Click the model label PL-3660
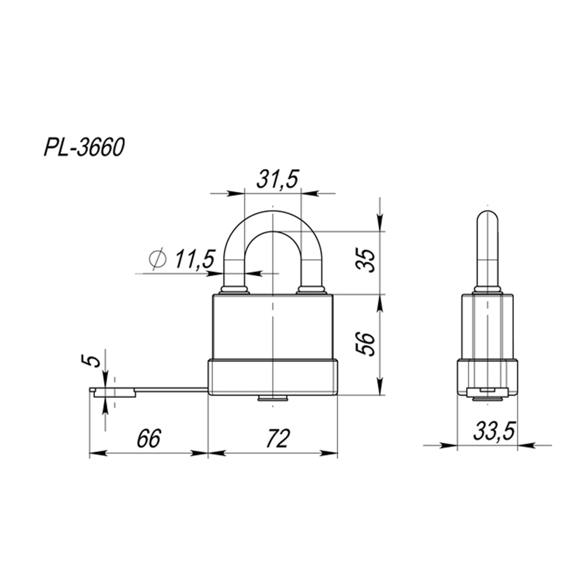click(84, 147)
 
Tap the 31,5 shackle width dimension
click(278, 179)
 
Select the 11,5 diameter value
click(195, 259)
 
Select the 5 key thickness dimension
click(91, 361)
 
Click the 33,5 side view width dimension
click(494, 431)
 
